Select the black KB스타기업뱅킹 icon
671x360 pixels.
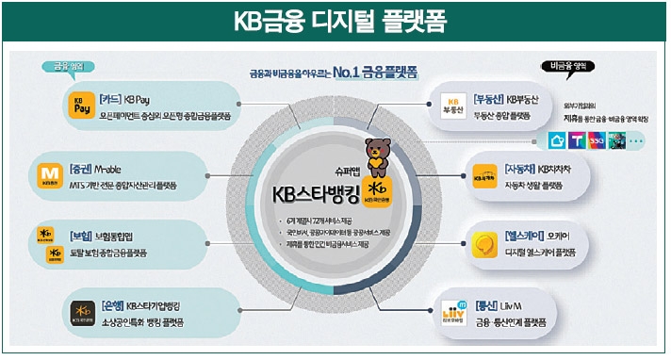coord(82,312)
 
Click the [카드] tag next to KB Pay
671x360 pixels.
coord(111,97)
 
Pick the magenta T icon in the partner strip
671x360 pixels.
coord(577,140)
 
